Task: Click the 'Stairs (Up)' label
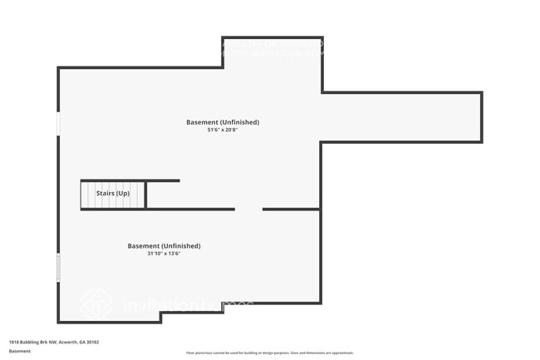(113, 193)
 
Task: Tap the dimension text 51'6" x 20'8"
(223, 130)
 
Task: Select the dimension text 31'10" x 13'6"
(164, 254)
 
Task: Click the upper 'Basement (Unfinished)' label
(223, 122)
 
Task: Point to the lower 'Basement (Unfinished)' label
(164, 246)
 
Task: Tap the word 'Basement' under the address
(20, 351)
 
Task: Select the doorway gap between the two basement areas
(248, 209)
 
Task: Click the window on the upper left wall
(58, 124)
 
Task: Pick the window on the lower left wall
(58, 268)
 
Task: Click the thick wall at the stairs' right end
(146, 195)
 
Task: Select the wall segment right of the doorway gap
(291, 209)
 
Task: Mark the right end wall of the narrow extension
(481, 117)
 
